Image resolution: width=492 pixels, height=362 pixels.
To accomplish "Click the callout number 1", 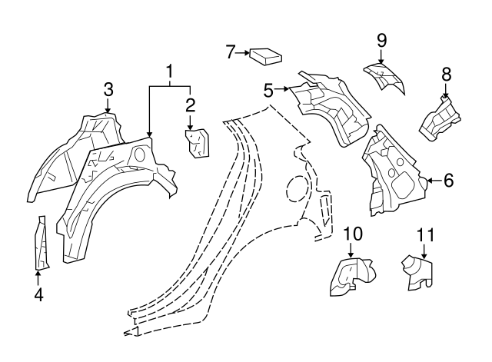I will tap(169, 73).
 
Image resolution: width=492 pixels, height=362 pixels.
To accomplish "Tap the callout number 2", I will tap(190, 105).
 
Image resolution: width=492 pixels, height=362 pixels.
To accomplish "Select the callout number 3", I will tap(108, 89).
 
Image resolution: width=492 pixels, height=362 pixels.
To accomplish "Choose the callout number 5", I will tap(268, 90).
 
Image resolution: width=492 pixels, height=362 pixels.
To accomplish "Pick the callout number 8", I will tap(446, 74).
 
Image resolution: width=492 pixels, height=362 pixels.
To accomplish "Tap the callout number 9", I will tap(380, 40).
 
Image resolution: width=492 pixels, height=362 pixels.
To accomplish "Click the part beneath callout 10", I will tap(350, 276).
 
